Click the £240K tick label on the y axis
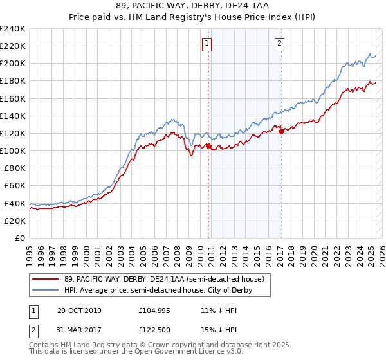coord(13,29)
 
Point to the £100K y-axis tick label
coord(13,150)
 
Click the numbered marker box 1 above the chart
coord(207,44)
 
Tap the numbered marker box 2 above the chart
coord(280,44)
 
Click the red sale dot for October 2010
coord(209,147)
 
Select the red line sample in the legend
coord(46,279)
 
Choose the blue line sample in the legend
coord(46,290)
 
